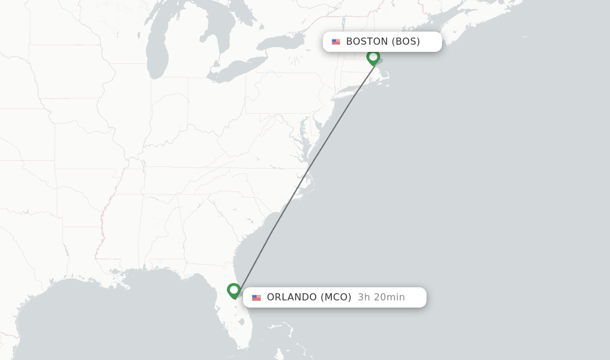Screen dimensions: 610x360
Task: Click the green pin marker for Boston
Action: tap(373, 57)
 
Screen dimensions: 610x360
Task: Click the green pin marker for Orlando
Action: tap(234, 290)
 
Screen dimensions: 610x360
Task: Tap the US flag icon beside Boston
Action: tap(336, 42)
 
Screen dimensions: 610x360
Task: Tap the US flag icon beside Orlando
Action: tap(256, 297)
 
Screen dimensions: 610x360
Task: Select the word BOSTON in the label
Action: tap(367, 42)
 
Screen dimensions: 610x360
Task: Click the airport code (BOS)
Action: tap(406, 42)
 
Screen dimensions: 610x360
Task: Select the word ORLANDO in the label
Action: tap(292, 297)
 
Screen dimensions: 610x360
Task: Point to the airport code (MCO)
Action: tap(336, 297)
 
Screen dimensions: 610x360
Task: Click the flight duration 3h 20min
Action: tap(381, 297)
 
